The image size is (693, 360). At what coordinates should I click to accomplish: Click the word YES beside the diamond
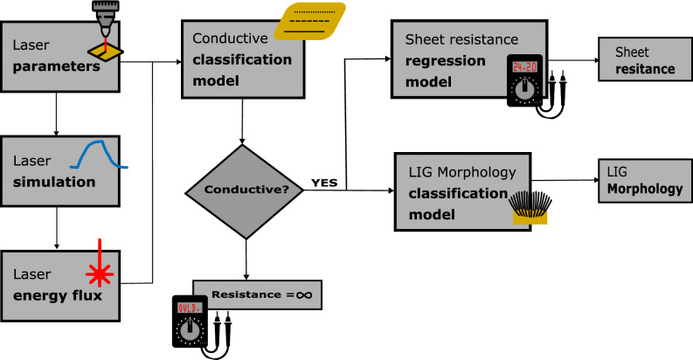coord(325,182)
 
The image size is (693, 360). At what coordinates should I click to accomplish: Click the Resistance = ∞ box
coord(257,294)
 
